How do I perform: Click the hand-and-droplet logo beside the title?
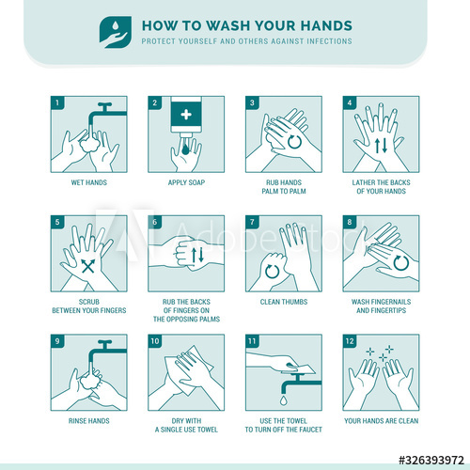click(x=116, y=32)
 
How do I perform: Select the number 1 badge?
click(x=57, y=102)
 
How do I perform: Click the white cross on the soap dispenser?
click(x=186, y=115)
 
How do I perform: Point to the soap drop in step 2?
click(x=185, y=149)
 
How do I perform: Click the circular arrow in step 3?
click(x=294, y=142)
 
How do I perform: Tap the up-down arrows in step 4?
click(x=381, y=146)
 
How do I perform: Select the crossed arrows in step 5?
click(x=88, y=266)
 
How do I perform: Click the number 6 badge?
click(x=154, y=222)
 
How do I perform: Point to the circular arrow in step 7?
click(x=272, y=271)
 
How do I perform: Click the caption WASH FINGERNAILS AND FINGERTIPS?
click(x=381, y=306)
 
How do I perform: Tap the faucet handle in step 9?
click(x=104, y=342)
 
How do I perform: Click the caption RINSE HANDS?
click(x=89, y=421)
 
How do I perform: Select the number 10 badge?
click(x=155, y=341)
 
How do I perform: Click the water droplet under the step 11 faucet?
click(x=284, y=399)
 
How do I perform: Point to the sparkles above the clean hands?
click(x=381, y=353)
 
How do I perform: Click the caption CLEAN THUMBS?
click(x=284, y=302)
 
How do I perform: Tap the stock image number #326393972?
click(x=431, y=460)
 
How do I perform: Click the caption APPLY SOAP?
click(x=186, y=182)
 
